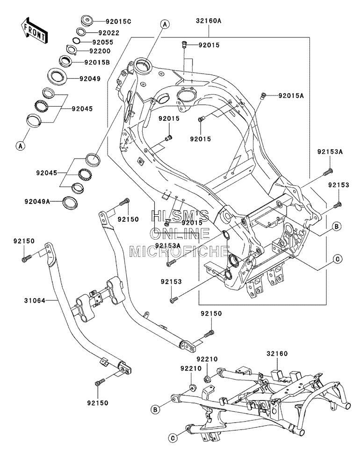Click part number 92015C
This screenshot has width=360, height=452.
118,22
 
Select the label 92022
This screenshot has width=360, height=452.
108,33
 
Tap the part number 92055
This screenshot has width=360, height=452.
102,42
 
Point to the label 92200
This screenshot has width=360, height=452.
100,51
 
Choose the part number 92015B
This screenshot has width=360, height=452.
97,62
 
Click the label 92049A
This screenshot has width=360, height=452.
37,202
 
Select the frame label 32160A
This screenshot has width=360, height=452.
209,21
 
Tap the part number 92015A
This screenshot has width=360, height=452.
291,96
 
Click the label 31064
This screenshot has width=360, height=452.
35,301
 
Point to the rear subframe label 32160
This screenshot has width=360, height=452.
277,353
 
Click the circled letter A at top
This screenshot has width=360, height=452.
165,24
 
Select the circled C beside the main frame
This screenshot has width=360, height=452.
338,259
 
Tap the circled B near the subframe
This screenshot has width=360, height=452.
155,409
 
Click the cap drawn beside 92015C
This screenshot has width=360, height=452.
86,21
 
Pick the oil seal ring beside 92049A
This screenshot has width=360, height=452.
70,202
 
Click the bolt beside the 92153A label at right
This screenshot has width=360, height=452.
327,172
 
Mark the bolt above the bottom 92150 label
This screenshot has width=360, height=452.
100,382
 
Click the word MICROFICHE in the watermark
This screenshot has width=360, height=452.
179,251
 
